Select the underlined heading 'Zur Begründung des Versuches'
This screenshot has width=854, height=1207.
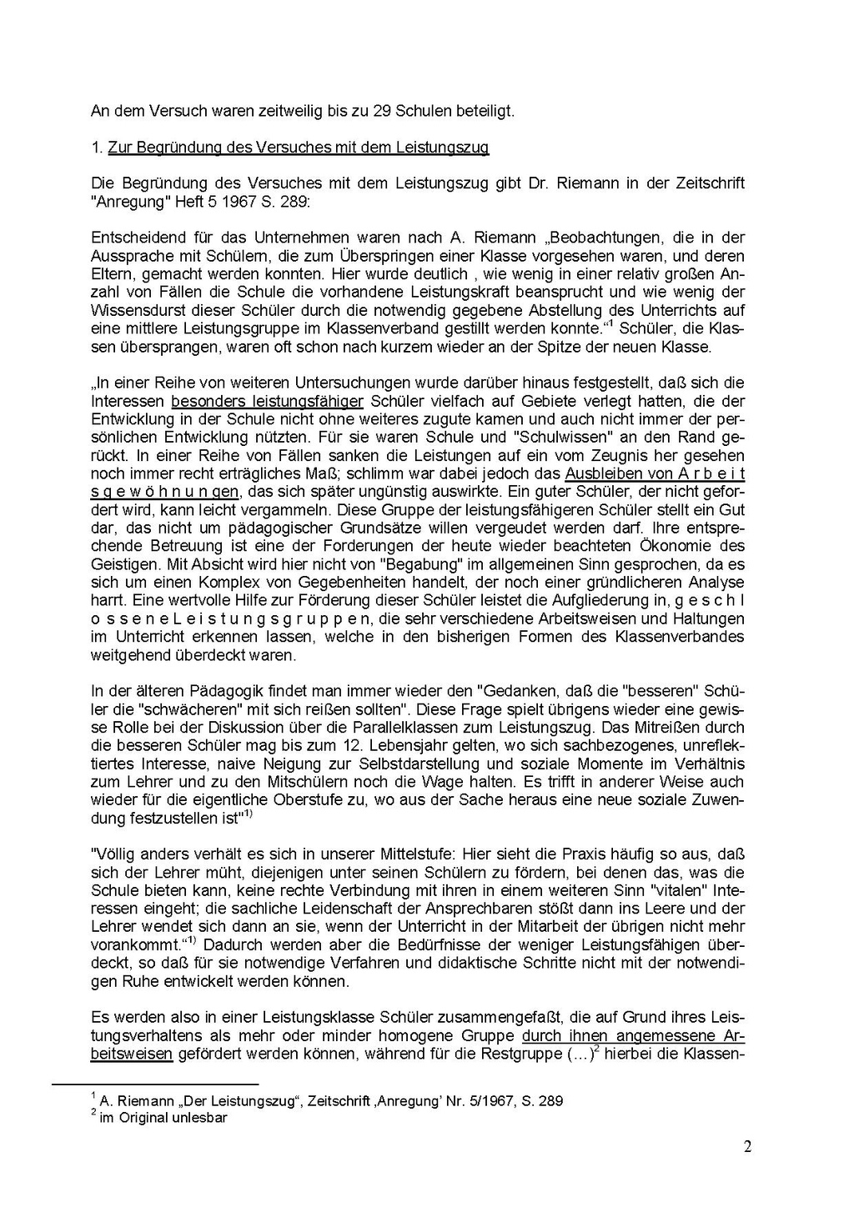click(x=298, y=148)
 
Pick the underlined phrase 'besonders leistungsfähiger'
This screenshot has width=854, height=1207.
click(x=267, y=401)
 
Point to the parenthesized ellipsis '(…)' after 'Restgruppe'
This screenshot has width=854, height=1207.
click(x=580, y=1054)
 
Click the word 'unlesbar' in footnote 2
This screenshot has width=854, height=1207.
click(x=198, y=1118)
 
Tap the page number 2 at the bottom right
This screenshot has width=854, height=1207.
click(x=747, y=1147)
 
